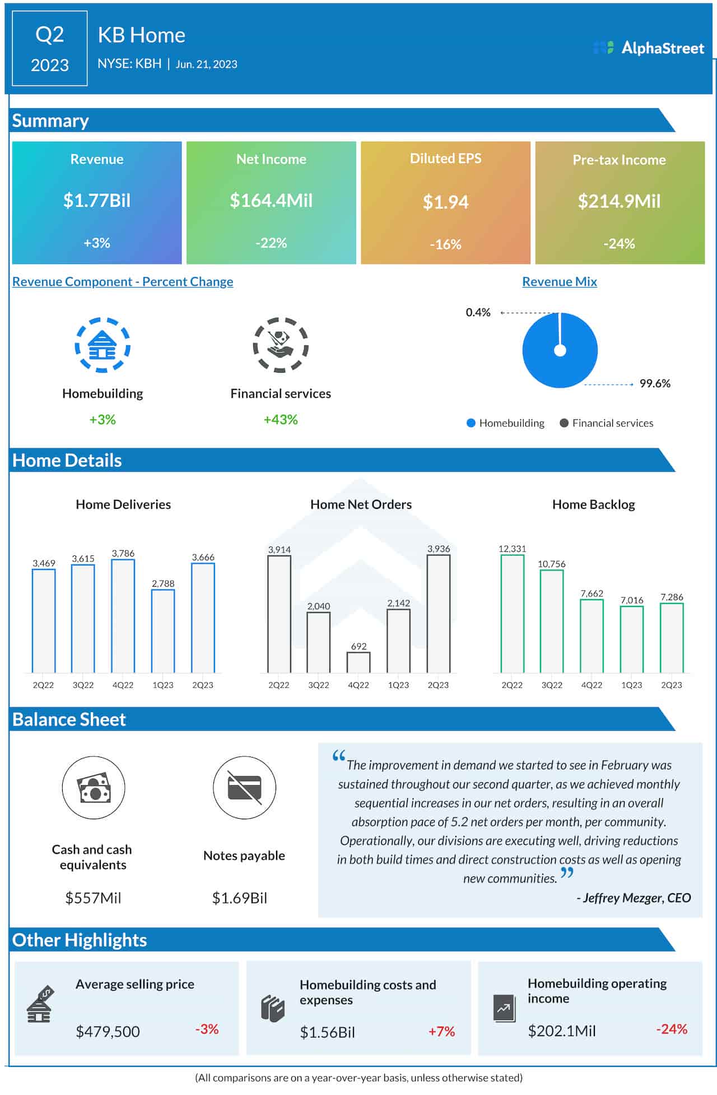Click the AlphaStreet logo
pyautogui.click(x=648, y=48)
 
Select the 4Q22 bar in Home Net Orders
pyautogui.click(x=358, y=662)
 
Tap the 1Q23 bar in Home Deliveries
pyautogui.click(x=163, y=631)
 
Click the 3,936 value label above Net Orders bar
pyautogui.click(x=438, y=549)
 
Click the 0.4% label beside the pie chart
pyautogui.click(x=478, y=312)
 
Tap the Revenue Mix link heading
pyautogui.click(x=559, y=281)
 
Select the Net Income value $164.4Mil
pyautogui.click(x=271, y=201)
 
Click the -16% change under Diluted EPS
pyautogui.click(x=445, y=244)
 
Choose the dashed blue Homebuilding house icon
pyautogui.click(x=103, y=345)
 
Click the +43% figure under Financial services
pyautogui.click(x=281, y=420)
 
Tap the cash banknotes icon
pyautogui.click(x=94, y=787)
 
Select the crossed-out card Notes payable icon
pyautogui.click(x=244, y=787)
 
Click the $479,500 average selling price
pyautogui.click(x=108, y=1031)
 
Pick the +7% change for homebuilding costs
pyautogui.click(x=441, y=1031)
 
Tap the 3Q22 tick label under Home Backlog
pyautogui.click(x=552, y=685)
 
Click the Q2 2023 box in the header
pyautogui.click(x=50, y=49)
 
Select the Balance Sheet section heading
pyautogui.click(x=69, y=720)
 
